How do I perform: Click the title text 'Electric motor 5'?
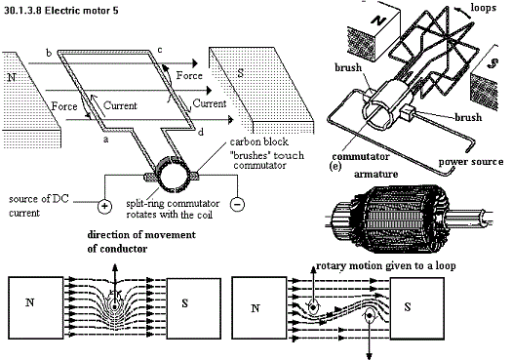(x=81, y=11)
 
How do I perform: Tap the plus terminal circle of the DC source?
(x=104, y=206)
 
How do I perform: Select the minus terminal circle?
(x=237, y=204)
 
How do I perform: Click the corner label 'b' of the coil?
(x=49, y=53)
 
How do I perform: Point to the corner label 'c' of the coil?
(x=160, y=50)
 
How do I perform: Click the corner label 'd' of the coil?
(x=201, y=132)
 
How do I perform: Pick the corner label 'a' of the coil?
(x=105, y=140)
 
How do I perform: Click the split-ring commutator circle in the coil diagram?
(x=172, y=174)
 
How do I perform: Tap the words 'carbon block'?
(x=259, y=141)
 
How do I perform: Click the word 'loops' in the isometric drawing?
(x=484, y=8)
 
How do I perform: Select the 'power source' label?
(x=470, y=161)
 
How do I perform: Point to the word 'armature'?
(x=375, y=174)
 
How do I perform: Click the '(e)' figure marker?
(x=335, y=166)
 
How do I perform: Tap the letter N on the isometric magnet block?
(x=379, y=20)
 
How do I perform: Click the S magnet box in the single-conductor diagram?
(x=194, y=308)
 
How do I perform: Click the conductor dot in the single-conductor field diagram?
(x=115, y=306)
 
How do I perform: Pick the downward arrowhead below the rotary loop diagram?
(x=370, y=356)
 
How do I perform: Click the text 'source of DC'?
(x=39, y=199)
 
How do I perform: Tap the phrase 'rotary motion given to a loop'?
(x=386, y=266)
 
